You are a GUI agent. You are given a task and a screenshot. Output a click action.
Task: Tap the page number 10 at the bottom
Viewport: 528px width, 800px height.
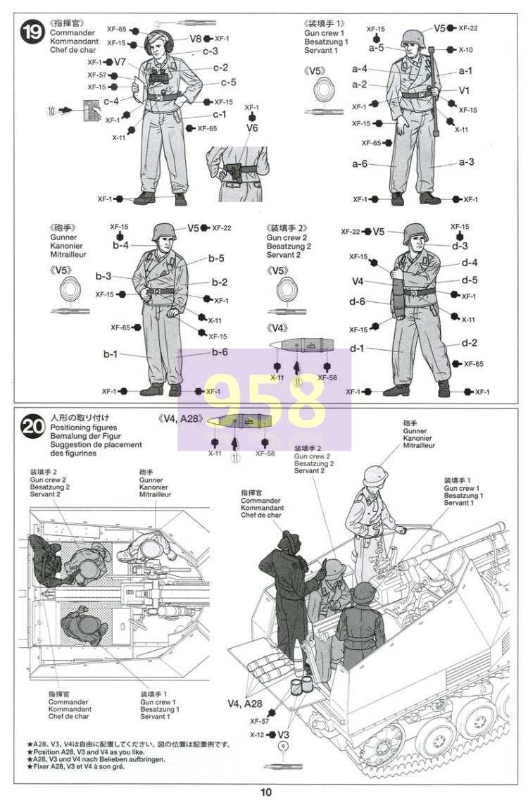pos(265,792)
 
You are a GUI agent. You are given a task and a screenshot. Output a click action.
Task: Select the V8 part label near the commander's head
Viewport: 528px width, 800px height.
pos(196,39)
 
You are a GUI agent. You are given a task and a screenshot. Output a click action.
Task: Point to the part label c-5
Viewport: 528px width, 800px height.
pos(228,82)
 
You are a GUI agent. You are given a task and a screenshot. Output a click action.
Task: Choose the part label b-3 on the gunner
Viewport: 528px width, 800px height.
pos(104,276)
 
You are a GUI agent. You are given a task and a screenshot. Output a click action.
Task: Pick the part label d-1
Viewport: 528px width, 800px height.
pos(357,348)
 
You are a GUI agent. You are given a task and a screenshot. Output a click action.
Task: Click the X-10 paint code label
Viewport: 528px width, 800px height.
pos(466,50)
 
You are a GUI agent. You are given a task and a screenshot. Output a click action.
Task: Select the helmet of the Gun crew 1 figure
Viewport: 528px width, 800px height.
pos(411,37)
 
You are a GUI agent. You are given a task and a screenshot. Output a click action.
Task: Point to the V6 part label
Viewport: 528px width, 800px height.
pos(253,128)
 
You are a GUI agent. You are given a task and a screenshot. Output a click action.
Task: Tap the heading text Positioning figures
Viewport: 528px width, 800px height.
pos(84,427)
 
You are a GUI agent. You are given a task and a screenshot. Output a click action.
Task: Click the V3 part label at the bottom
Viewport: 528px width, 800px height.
pos(282,734)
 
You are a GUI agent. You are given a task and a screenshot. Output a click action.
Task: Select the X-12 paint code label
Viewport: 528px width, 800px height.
pos(257,734)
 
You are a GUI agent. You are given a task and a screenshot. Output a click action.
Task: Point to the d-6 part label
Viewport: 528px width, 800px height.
pos(358,301)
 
